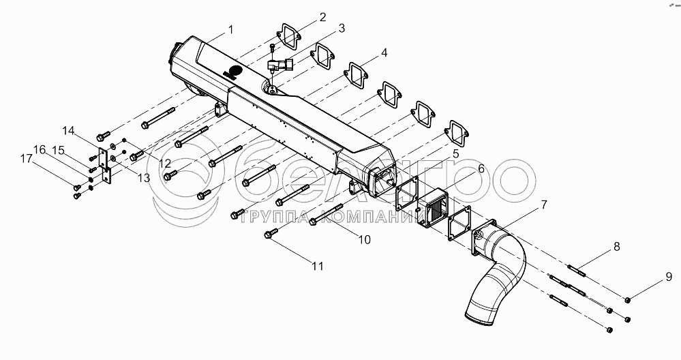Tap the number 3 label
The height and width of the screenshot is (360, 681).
click(341, 29)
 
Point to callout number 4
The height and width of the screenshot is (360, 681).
click(384, 52)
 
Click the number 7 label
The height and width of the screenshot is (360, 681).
click(543, 204)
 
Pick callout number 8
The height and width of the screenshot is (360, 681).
click(616, 247)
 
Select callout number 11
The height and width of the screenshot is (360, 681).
click(317, 267)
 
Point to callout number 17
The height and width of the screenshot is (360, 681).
click(25, 160)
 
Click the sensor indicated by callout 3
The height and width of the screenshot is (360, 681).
click(279, 67)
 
